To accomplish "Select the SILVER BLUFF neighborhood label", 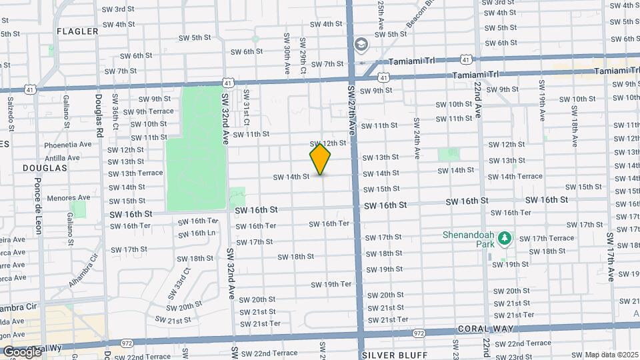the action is coord(391,355).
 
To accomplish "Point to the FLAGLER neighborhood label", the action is coord(77,31).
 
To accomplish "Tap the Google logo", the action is coord(21,351).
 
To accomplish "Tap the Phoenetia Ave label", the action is coord(68,145).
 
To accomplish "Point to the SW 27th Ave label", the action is coord(351,110).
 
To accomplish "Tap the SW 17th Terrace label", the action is coord(547,238).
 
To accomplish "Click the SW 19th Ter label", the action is coord(331,284).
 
